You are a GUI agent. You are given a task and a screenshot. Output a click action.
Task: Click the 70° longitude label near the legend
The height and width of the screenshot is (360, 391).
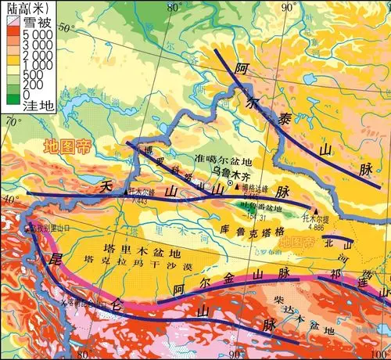(x=13, y=121)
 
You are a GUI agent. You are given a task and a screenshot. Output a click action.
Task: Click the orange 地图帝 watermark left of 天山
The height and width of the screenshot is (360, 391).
(x=66, y=146)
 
